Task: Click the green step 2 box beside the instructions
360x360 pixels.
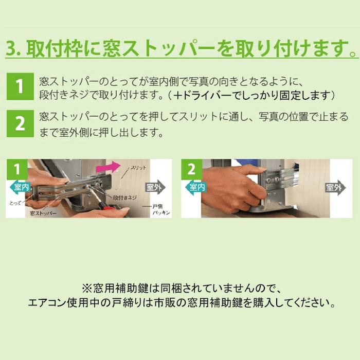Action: (20, 124)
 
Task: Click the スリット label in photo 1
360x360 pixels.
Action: (139, 168)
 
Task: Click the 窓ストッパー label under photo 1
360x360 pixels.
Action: (43, 212)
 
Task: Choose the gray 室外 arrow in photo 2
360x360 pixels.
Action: (335, 188)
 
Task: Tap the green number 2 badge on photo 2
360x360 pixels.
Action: (191, 168)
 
